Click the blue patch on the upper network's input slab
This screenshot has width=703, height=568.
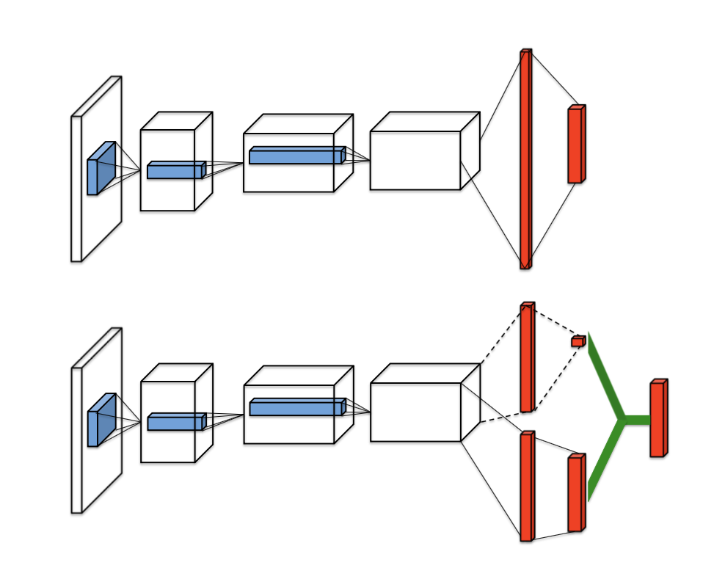point(100,170)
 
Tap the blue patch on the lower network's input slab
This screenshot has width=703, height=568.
point(101,421)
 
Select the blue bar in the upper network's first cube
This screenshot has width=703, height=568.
point(175,171)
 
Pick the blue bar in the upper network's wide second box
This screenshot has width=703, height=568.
point(296,156)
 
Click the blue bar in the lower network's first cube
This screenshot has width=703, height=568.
point(175,423)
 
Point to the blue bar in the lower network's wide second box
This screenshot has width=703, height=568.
point(296,408)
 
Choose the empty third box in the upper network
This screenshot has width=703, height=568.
point(415,161)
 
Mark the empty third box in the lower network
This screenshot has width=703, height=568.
point(415,412)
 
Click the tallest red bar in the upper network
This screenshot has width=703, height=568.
point(525,159)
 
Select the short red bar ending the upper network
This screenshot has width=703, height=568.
point(575,145)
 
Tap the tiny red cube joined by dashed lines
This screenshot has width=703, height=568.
point(578,341)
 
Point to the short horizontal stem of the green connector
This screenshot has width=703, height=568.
point(637,420)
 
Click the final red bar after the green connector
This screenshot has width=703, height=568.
point(658,418)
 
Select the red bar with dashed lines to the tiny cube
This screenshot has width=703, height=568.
point(526,357)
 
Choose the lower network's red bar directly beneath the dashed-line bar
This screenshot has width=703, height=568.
point(526,487)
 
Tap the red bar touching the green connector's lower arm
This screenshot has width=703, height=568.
point(575,493)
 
